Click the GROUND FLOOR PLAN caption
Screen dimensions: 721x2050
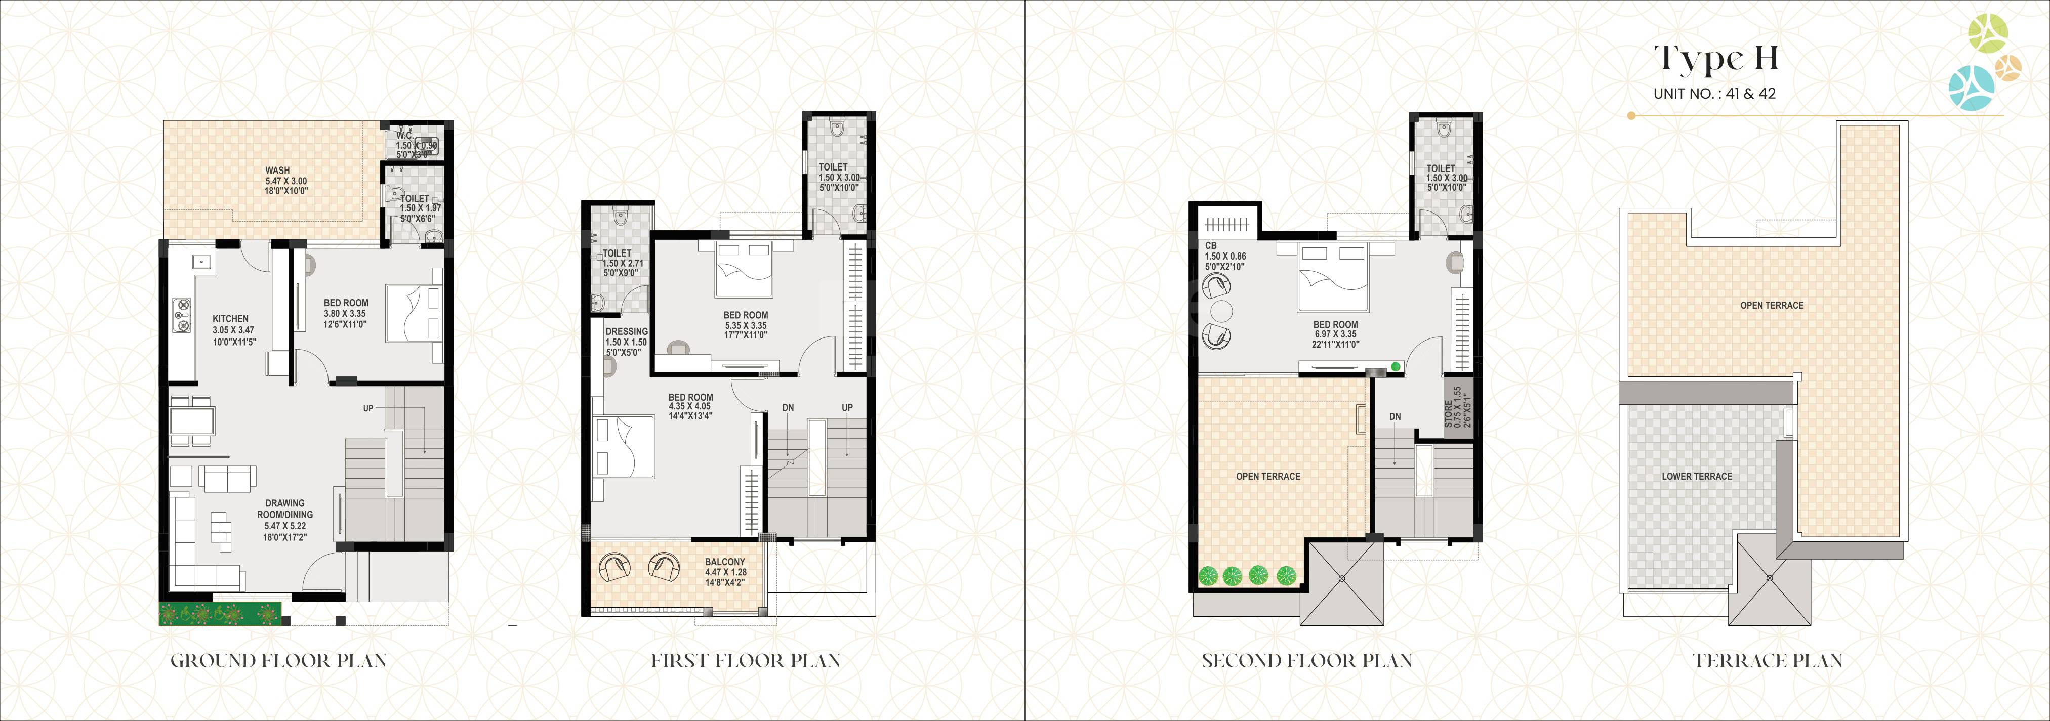point(278,660)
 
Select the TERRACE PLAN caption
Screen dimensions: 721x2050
point(1767,660)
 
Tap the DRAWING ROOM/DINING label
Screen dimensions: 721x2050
point(285,508)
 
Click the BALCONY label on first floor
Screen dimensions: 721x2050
point(724,562)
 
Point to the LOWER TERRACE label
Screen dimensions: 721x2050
point(1697,476)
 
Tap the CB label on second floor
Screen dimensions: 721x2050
point(1210,246)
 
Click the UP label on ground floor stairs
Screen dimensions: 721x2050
point(367,408)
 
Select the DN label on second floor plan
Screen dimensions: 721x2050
point(1395,416)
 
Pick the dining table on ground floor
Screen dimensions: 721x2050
point(191,418)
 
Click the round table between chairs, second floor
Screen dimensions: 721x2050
point(1221,310)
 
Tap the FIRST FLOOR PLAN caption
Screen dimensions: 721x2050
point(745,660)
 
